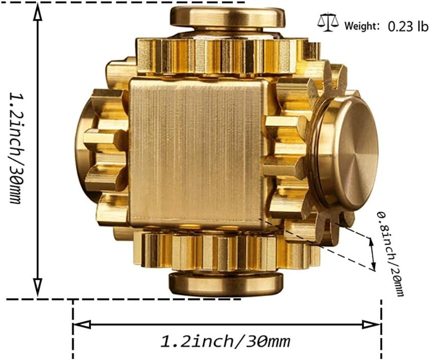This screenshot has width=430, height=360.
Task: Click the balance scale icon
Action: point(328,22)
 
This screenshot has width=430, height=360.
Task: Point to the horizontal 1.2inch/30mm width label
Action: point(225,342)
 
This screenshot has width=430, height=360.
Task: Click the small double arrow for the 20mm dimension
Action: point(372,253)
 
